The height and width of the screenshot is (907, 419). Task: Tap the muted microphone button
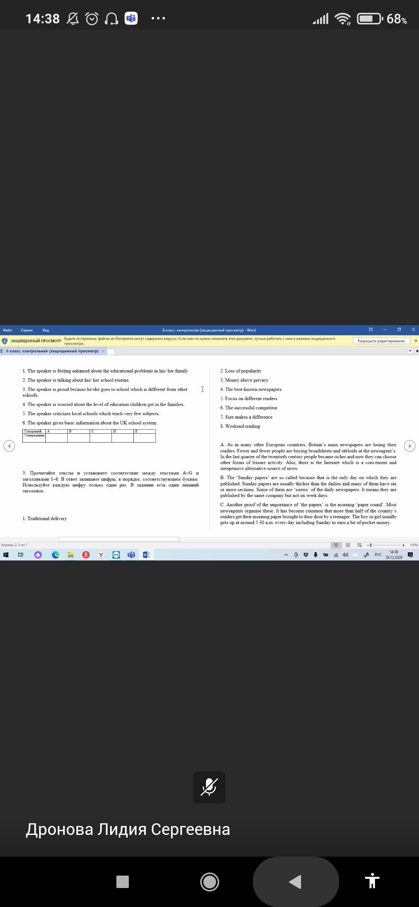(209, 787)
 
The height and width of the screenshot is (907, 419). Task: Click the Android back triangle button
(296, 882)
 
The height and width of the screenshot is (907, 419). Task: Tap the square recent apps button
(123, 882)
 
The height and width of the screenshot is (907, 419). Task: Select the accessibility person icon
(372, 882)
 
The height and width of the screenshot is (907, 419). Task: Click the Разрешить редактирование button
(381, 341)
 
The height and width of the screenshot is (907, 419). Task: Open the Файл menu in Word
(7, 330)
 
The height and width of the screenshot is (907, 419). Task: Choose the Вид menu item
(46, 330)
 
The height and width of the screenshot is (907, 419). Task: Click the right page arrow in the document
(409, 446)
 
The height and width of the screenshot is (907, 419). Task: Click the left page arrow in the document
(9, 446)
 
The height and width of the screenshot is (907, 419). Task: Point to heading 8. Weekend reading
(240, 426)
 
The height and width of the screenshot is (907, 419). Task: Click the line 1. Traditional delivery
(45, 519)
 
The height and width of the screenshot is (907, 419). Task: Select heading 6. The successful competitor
(249, 408)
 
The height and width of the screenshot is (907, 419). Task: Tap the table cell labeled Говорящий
(33, 431)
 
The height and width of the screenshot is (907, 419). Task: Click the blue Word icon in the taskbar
(146, 555)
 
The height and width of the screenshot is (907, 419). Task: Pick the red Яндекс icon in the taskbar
(86, 555)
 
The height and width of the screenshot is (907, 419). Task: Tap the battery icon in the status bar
(369, 19)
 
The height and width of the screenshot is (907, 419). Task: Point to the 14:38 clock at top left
(43, 19)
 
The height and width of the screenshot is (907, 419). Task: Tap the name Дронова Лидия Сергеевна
(128, 829)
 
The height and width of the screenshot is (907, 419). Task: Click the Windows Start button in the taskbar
(5, 555)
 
